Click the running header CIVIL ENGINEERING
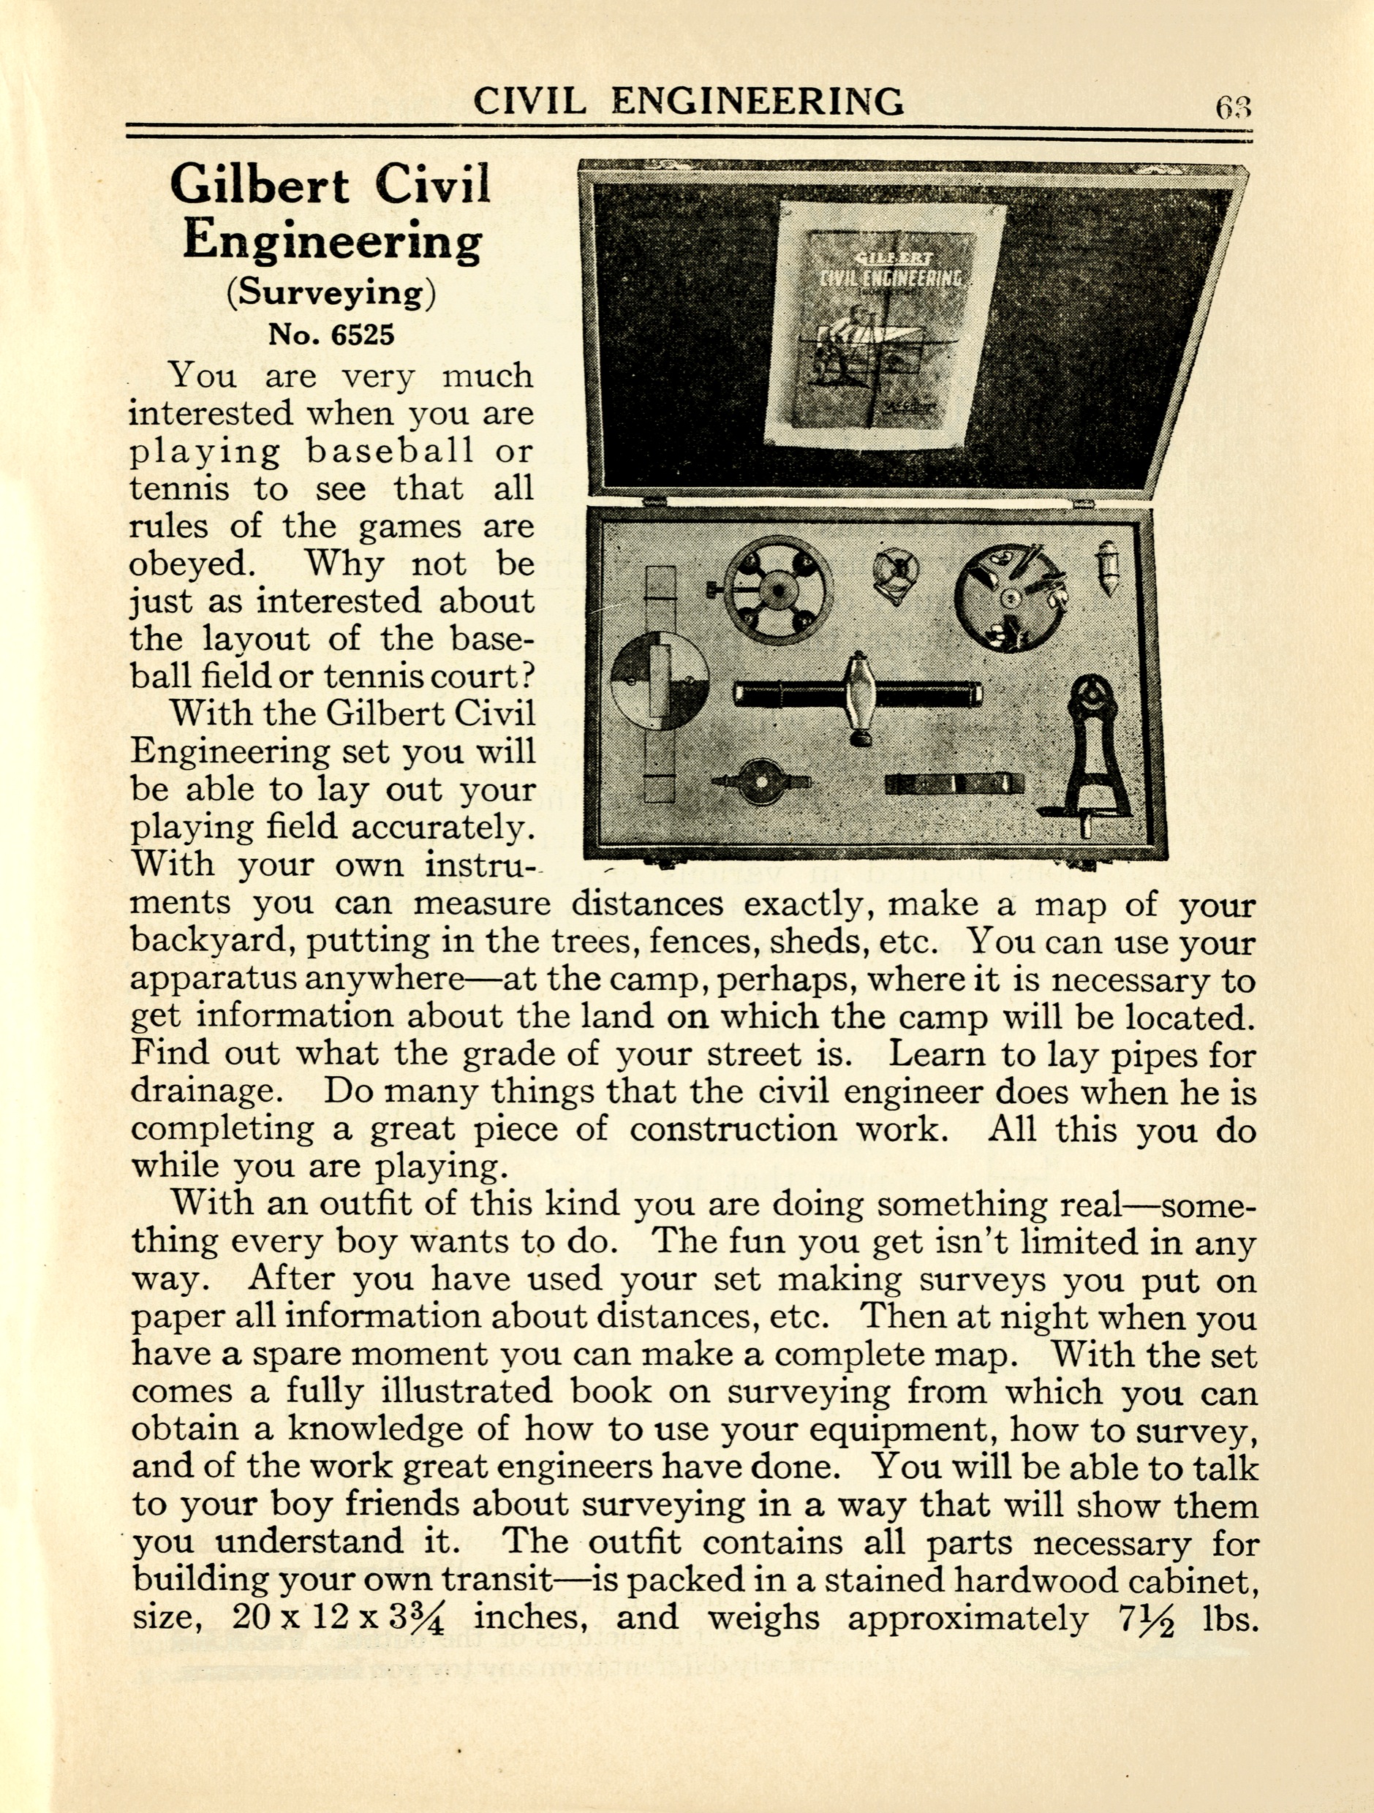689,101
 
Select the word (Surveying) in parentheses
332,292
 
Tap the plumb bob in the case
1109,567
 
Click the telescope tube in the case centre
858,694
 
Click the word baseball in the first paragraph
390,451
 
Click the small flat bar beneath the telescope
954,784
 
